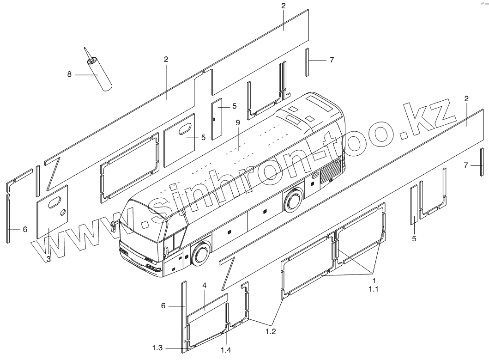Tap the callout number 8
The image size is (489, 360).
pos(70,74)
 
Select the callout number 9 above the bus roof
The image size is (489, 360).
pos(238,123)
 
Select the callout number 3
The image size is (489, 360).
pos(48,259)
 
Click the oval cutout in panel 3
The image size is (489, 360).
pos(55,201)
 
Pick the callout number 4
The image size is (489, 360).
pos(204,286)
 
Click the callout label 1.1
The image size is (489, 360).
pos(374,289)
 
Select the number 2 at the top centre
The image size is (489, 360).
pos(284,6)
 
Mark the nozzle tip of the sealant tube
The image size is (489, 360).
pos(85,48)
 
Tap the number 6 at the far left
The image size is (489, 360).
pos(25,229)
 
